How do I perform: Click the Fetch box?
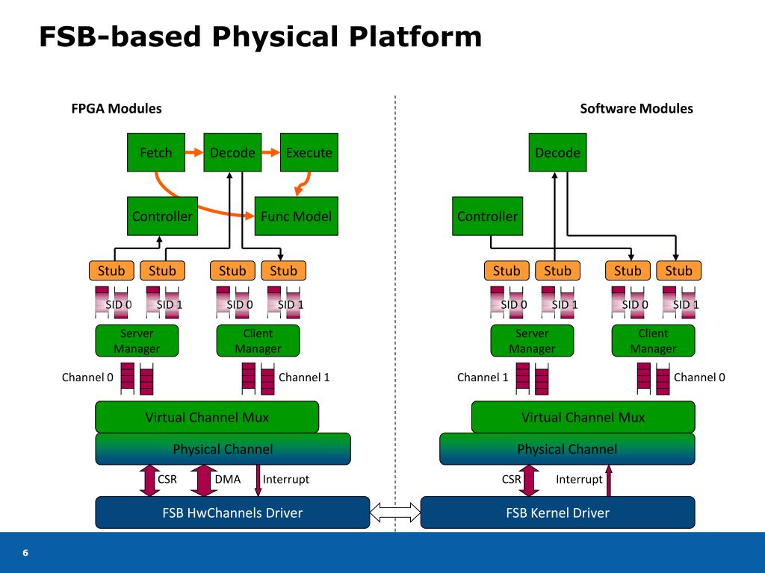coord(156,152)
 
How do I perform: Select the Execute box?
coord(309,152)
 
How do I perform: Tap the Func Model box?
coord(296,216)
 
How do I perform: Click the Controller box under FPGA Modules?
coord(162,216)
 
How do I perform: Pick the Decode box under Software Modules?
coord(557,152)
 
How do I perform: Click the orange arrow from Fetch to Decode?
coord(194,152)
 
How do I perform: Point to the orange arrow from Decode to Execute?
coord(270,152)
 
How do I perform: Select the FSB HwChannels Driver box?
coord(232,513)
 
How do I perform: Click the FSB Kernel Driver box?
coord(557,513)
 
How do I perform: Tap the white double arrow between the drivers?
coord(395,513)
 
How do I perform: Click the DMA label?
coord(228,480)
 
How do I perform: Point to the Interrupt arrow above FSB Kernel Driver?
coord(608,480)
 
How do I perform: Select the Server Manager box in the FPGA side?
coord(137,340)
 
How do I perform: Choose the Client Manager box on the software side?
coord(653,340)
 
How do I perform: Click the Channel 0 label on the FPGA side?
coord(87,377)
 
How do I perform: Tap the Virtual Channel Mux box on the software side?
coord(583,417)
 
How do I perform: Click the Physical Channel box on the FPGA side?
coord(223,448)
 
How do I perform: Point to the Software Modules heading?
coord(637,108)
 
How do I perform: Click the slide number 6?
coord(25,553)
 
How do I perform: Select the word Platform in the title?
coord(415,37)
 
